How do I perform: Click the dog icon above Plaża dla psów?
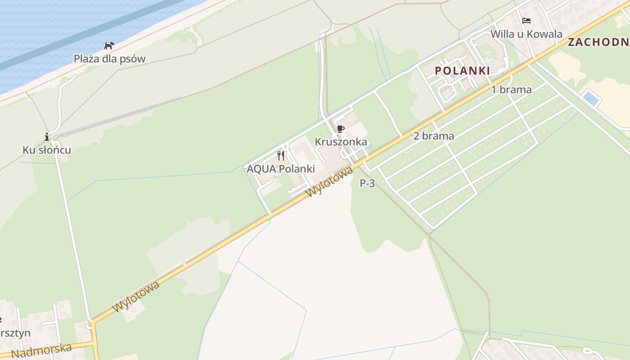109,45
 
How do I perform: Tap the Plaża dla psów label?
110,59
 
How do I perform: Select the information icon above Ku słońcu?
47,137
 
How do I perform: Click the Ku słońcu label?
47,150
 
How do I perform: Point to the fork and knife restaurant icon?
281,156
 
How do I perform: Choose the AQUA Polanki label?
281,169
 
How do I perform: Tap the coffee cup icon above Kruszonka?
341,129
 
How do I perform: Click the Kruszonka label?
341,142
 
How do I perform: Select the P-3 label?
367,183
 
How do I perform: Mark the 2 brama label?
433,136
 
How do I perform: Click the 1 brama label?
511,90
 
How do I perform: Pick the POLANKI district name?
462,71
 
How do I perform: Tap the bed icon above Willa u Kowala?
526,21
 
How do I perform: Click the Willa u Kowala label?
526,34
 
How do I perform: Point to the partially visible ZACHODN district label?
598,42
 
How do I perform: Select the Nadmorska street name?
41,350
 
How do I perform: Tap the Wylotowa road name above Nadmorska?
136,297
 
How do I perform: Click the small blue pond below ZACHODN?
590,99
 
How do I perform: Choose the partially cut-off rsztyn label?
15,333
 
